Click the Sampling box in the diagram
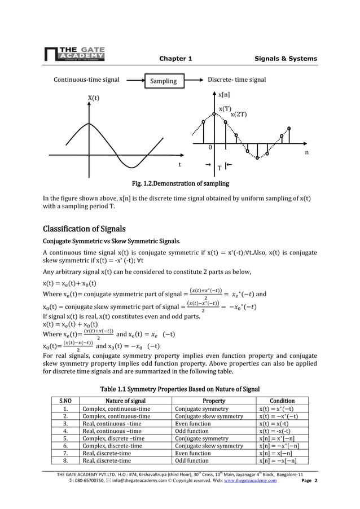[x=163, y=81]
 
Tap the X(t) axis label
[x=93, y=98]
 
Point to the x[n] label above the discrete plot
[x=224, y=95]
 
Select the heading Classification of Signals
[x=84, y=229]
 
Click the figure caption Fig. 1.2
[x=180, y=184]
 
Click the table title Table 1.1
[x=179, y=389]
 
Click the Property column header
[x=214, y=401]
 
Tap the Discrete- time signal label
[x=237, y=80]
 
